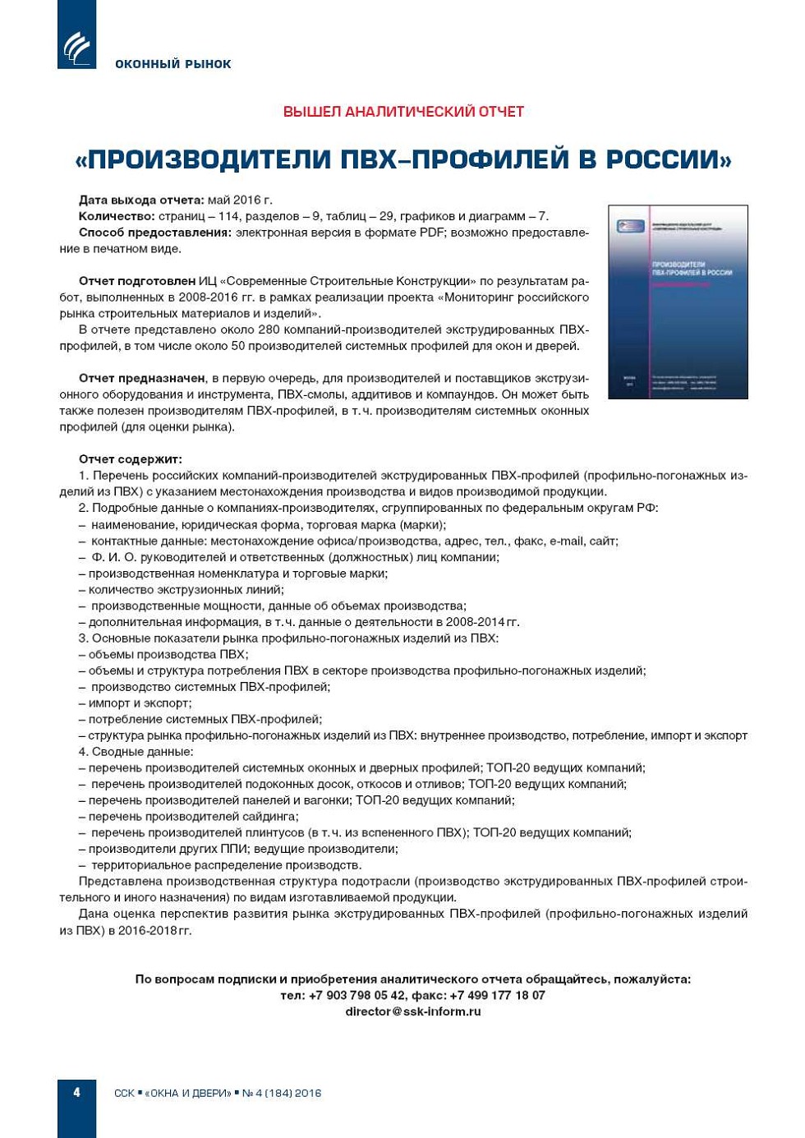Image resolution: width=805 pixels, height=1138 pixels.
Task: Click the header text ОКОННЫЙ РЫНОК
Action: point(173,64)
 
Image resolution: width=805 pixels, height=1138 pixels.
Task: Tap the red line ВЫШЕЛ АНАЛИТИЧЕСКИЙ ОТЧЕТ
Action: point(403,112)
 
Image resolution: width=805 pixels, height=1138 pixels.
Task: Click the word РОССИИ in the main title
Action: point(668,159)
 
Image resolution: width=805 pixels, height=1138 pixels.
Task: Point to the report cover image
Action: point(678,302)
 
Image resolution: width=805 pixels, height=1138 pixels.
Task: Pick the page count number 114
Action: point(230,216)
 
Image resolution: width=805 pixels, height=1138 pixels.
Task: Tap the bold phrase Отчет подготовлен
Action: point(137,281)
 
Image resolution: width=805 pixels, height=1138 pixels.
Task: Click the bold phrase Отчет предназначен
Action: point(142,378)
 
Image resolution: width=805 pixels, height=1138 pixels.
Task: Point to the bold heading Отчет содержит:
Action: point(131,459)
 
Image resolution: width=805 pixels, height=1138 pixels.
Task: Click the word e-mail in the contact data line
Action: point(565,541)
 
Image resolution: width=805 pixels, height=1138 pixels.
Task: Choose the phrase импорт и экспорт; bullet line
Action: point(140,703)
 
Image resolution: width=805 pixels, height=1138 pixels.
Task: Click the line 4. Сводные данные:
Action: point(136,752)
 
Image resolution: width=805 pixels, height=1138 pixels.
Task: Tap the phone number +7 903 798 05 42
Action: point(356,995)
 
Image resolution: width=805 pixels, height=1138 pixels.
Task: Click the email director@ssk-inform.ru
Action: point(412,1011)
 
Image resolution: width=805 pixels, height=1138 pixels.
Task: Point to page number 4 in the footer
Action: point(77,1093)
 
